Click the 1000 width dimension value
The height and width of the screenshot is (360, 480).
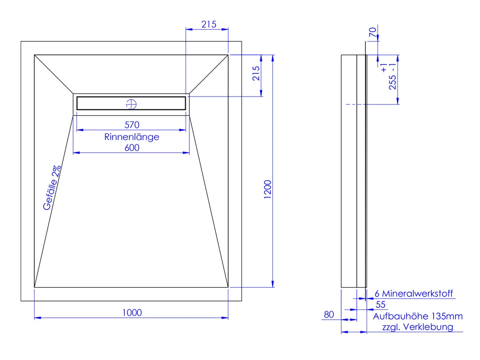(132, 312)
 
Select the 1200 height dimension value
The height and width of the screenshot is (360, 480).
(267, 189)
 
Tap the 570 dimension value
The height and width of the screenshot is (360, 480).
(132, 125)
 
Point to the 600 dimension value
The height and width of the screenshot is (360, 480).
(132, 147)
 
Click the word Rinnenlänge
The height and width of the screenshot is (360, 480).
(132, 136)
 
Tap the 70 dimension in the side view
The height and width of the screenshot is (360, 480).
(373, 33)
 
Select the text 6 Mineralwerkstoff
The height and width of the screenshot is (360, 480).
(414, 294)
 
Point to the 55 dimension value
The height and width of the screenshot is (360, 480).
(381, 304)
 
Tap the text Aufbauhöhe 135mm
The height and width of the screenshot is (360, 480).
(418, 316)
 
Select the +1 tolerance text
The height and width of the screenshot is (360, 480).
(384, 67)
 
